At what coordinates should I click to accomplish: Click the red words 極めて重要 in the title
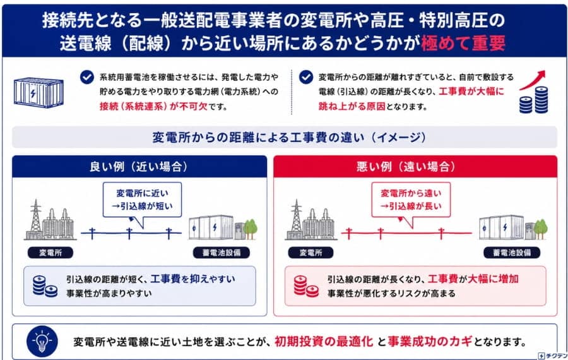tap(463, 44)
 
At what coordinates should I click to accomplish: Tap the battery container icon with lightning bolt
tap(38, 92)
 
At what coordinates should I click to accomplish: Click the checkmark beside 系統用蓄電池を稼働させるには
tap(87, 77)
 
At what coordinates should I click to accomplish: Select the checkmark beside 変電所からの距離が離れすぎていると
tap(306, 77)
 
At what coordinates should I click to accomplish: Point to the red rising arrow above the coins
tap(532, 80)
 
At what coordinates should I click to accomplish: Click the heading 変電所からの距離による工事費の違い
tap(288, 138)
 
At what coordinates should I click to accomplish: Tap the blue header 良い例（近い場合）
tap(139, 167)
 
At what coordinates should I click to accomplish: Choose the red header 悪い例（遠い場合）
tap(415, 167)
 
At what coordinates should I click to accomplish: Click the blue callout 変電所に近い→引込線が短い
tap(143, 200)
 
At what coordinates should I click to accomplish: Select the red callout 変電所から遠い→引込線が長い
tap(411, 200)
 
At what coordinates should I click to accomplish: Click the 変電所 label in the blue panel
tap(50, 253)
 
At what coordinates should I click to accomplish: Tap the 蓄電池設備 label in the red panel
tap(511, 253)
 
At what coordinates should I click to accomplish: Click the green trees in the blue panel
tap(251, 229)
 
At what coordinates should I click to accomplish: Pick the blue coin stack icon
tap(45, 286)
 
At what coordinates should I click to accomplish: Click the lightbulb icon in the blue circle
tap(42, 341)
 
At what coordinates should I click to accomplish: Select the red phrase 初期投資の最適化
tap(324, 342)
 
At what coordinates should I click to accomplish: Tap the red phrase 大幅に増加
tap(493, 279)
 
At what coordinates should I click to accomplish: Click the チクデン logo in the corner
tap(552, 356)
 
